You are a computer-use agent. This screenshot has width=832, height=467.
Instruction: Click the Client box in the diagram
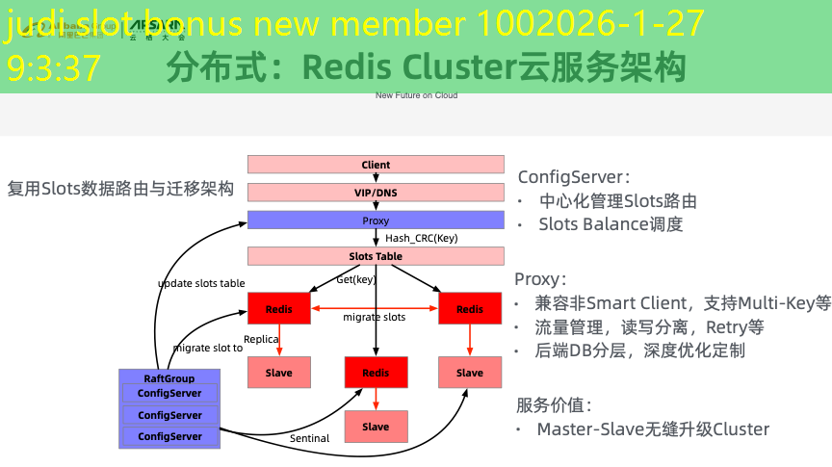(x=376, y=165)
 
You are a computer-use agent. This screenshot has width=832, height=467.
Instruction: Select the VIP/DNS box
(x=376, y=193)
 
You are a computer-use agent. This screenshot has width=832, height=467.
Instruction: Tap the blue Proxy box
(x=376, y=221)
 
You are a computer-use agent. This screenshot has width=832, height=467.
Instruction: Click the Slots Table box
(x=376, y=257)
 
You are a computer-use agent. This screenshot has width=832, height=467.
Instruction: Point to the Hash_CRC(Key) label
(x=421, y=238)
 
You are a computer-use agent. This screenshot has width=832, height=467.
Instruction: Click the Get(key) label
(x=355, y=279)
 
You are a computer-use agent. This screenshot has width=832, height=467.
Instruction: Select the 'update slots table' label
(x=201, y=283)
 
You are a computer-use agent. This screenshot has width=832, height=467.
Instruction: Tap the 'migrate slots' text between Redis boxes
(x=375, y=317)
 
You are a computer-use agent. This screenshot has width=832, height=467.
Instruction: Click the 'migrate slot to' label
(x=208, y=348)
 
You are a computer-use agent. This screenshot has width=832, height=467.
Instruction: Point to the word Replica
(x=261, y=339)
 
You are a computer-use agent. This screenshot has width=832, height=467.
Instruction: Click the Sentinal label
(x=309, y=438)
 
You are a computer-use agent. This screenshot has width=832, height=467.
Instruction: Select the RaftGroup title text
(x=169, y=378)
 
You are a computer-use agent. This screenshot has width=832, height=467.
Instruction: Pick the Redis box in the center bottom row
(x=376, y=373)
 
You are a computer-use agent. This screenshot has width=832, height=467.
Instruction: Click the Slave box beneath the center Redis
(x=376, y=427)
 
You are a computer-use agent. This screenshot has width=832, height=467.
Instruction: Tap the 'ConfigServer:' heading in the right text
(x=574, y=177)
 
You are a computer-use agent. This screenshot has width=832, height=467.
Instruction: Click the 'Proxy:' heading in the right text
(x=540, y=279)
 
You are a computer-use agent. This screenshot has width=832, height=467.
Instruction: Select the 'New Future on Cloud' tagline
(x=416, y=95)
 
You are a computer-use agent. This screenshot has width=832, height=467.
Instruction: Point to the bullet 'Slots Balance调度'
(x=611, y=224)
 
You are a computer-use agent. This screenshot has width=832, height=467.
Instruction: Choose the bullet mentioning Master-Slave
(x=653, y=428)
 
